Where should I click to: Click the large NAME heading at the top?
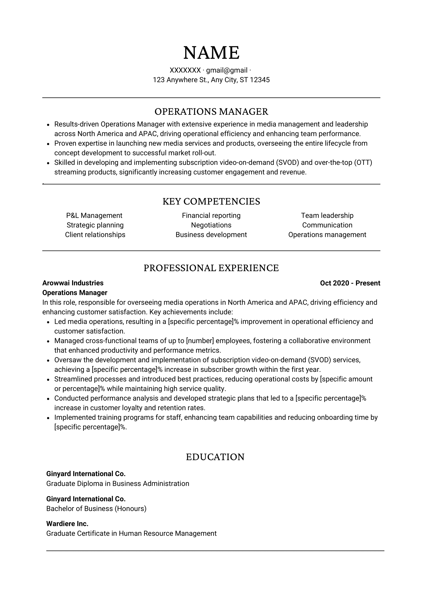tap(211, 53)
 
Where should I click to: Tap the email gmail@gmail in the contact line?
tap(227, 70)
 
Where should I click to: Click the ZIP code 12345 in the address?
tap(260, 80)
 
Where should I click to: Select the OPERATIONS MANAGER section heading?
tap(211, 112)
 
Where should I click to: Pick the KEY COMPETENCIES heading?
tap(211, 202)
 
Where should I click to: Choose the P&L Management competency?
tap(94, 216)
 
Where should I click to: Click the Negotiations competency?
tap(211, 225)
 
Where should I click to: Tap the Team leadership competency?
tap(327, 216)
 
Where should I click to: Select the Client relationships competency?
tap(95, 235)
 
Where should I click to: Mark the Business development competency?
tap(211, 235)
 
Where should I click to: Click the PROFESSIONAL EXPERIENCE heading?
tap(211, 268)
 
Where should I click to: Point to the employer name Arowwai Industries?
tap(73, 283)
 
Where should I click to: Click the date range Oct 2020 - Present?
tap(350, 283)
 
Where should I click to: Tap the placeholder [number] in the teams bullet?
tap(200, 341)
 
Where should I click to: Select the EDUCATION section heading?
tap(215, 457)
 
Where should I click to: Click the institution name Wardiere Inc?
tap(67, 524)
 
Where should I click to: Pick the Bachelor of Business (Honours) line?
tap(96, 509)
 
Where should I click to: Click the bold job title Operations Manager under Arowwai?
tap(75, 293)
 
